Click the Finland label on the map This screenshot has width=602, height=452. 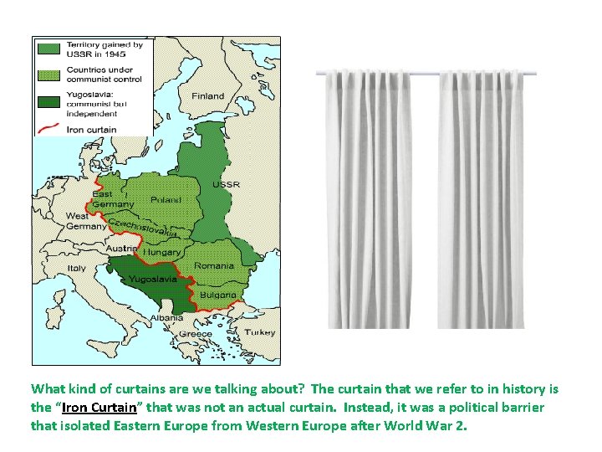click(x=208, y=96)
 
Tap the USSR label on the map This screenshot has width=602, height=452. click(x=226, y=184)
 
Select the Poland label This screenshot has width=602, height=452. click(x=166, y=200)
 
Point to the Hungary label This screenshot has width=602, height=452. click(x=162, y=251)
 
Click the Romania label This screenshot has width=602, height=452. click(x=214, y=265)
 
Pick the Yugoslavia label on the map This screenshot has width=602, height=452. click(x=152, y=279)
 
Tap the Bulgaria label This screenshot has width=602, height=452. click(x=217, y=295)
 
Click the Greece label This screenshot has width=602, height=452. click(x=196, y=333)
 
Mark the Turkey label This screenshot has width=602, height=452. click(x=259, y=332)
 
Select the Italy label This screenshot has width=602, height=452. click(x=77, y=268)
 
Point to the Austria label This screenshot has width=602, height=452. click(x=121, y=249)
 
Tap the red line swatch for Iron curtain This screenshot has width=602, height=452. click(x=47, y=130)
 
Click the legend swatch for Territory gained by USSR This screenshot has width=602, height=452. click(x=47, y=49)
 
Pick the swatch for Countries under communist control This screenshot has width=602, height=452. click(x=47, y=74)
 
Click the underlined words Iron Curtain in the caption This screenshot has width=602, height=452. click(x=99, y=407)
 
